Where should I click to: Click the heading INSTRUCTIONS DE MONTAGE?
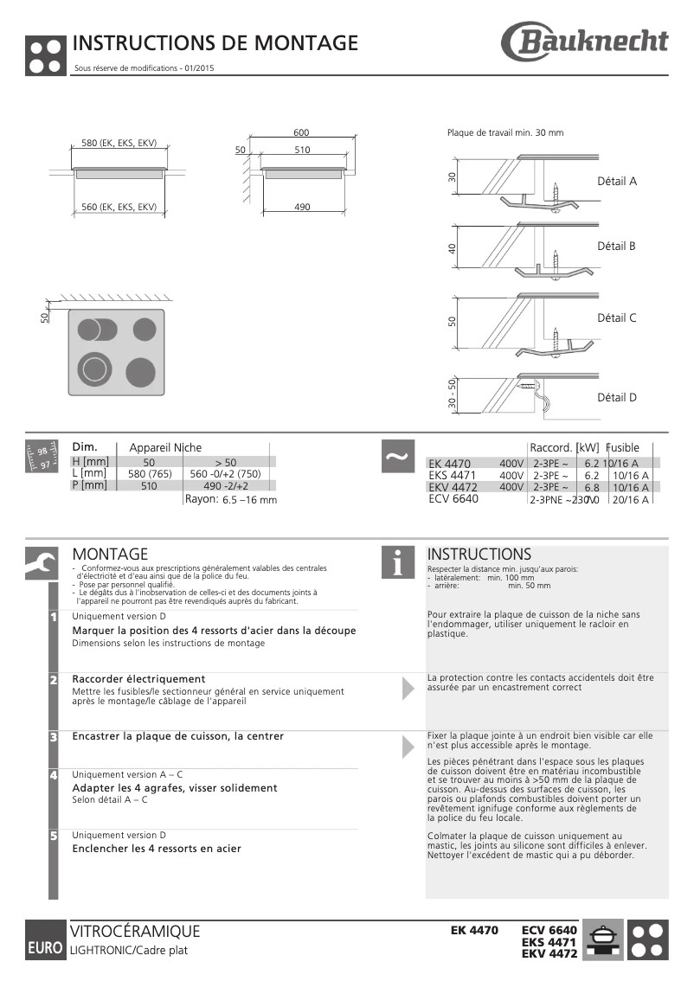(215, 43)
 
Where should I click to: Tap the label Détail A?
(617, 182)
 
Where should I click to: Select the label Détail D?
(617, 398)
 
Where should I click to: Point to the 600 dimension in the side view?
(301, 132)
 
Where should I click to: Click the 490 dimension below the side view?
(302, 207)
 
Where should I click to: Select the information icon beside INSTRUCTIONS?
(398, 561)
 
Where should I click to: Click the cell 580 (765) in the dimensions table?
(150, 473)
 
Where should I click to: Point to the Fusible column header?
(622, 447)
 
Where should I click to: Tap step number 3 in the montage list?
(54, 737)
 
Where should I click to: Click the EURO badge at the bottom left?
(44, 948)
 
